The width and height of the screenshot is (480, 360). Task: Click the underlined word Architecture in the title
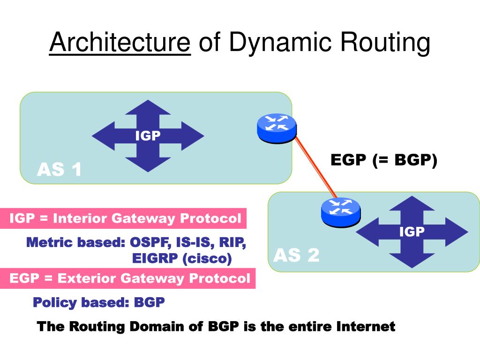coord(120,43)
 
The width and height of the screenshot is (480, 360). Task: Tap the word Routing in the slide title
coord(385,43)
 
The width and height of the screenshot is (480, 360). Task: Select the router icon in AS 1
coord(277,127)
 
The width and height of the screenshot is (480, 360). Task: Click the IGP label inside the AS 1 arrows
coord(148,136)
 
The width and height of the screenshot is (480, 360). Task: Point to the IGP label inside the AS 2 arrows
coord(412,232)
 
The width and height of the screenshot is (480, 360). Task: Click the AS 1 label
coord(59,170)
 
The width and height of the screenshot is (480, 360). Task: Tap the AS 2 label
coord(296,255)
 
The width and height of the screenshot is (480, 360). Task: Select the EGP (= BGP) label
coord(384,160)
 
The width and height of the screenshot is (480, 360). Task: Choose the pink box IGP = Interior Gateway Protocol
coord(126,218)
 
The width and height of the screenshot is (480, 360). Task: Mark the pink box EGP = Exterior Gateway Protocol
coord(130,278)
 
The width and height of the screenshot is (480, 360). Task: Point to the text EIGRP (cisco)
coord(182,258)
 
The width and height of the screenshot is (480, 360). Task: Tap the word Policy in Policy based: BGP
coord(54,302)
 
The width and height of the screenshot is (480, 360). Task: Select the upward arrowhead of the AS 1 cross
coord(148,108)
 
